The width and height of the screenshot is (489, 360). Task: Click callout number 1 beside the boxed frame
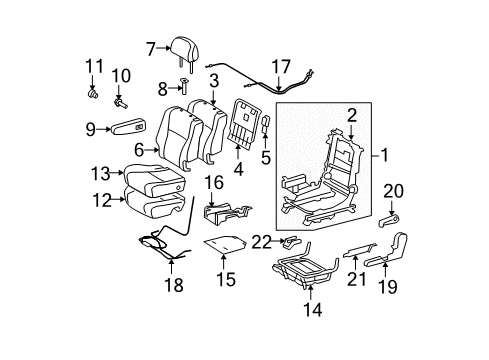pyautogui.click(x=381, y=156)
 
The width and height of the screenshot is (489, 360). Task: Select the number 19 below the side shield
pyautogui.click(x=391, y=286)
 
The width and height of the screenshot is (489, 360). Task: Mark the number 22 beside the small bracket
pyautogui.click(x=260, y=269)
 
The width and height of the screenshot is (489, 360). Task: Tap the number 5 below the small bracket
pyautogui.click(x=265, y=156)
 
